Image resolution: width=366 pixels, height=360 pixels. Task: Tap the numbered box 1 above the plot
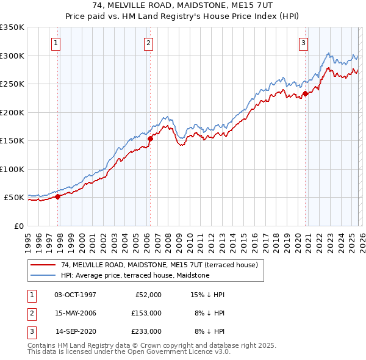click(56, 43)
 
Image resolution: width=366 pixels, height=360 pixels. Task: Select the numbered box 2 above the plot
click(148, 43)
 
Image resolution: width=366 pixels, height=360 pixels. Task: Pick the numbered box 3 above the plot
click(303, 43)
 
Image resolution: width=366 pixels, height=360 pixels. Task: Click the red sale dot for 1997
click(58, 196)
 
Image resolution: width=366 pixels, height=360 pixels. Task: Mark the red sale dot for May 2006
click(150, 139)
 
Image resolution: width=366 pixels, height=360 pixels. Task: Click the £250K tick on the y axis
click(12, 84)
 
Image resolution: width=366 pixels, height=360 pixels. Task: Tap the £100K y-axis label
click(12, 169)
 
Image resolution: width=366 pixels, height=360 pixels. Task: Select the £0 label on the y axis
click(18, 226)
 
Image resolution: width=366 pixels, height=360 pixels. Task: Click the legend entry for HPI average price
click(135, 275)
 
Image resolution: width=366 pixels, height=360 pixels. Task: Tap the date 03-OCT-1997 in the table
click(75, 295)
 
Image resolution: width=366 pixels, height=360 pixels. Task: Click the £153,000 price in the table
click(146, 313)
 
